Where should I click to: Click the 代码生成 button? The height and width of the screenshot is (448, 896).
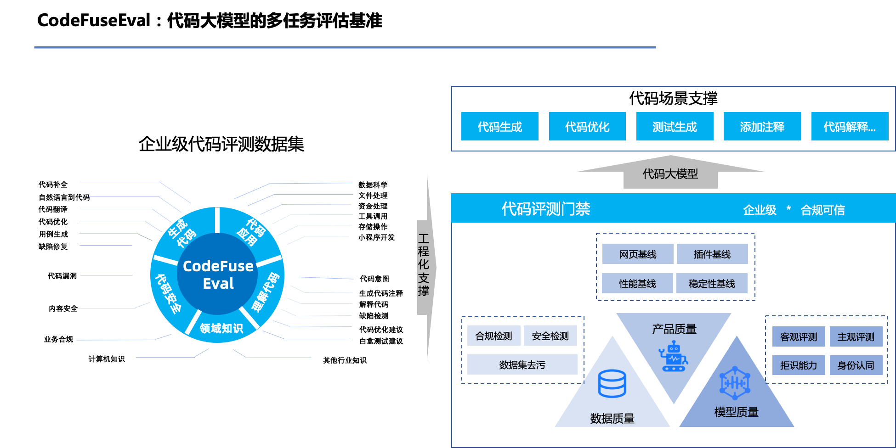point(499,126)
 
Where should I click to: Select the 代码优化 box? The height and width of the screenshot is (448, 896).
point(587,126)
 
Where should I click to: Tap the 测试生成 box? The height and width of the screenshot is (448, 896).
point(675,126)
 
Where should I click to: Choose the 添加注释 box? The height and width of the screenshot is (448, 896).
point(762,126)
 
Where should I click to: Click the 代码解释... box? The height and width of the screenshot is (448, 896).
point(850,126)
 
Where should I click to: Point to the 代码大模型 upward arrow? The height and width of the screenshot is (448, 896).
point(670,174)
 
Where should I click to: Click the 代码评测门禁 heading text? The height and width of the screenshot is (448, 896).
point(545,209)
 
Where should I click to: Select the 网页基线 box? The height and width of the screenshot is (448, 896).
point(638,254)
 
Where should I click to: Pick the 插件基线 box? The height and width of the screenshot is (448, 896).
point(712,254)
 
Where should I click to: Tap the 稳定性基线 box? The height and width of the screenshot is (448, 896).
point(712,283)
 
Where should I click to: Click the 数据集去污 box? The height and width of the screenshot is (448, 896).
point(522,364)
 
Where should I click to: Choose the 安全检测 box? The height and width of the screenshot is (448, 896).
point(550,336)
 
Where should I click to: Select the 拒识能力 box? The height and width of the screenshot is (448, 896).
point(799,365)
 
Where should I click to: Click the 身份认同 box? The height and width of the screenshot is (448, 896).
point(856,365)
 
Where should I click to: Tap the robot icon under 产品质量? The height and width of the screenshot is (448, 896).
point(673,356)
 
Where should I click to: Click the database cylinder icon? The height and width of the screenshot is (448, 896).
point(612,383)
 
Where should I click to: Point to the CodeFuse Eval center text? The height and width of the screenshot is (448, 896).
point(218,274)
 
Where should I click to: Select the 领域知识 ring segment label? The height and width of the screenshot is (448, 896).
point(221,328)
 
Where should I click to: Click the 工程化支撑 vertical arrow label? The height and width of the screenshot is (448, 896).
point(424,265)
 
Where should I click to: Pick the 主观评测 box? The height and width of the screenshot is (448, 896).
point(856,336)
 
